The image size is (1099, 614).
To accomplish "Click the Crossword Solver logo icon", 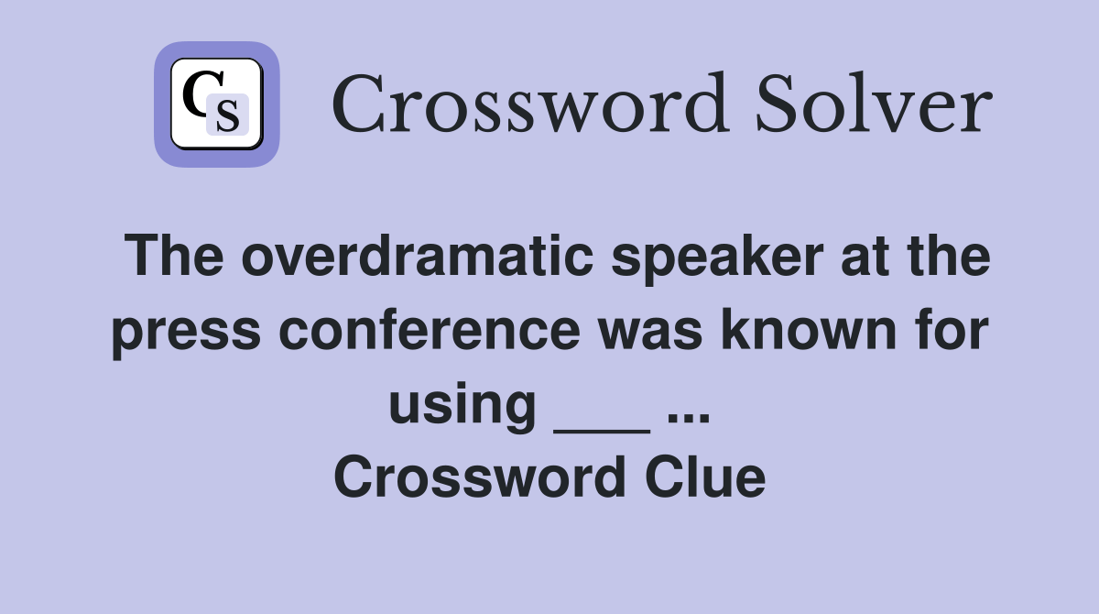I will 217,104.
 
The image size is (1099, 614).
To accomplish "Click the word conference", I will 429,331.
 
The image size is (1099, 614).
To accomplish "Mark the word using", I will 462,405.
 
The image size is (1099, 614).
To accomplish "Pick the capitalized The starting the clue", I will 174,258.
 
